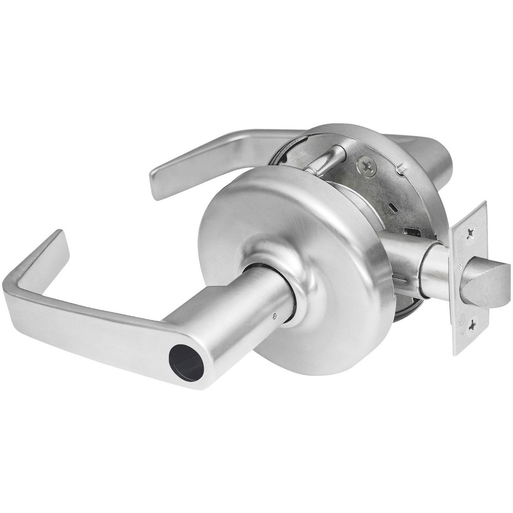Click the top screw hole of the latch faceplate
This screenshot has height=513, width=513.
click(469, 229)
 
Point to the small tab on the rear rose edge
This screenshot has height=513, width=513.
click(402, 167)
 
